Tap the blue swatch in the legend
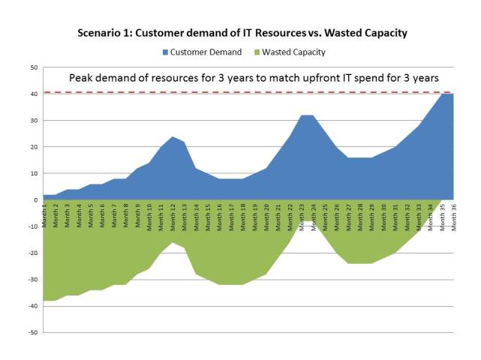pyautogui.click(x=165, y=52)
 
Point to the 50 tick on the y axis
pyautogui.click(x=34, y=67)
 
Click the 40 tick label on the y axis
pyautogui.click(x=34, y=94)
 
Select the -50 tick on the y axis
pyautogui.click(x=32, y=332)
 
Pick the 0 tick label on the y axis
pyautogui.click(x=35, y=200)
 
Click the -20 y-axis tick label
pyautogui.click(x=32, y=253)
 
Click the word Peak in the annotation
pyautogui.click(x=82, y=78)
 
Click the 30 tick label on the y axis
pyautogui.click(x=34, y=121)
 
